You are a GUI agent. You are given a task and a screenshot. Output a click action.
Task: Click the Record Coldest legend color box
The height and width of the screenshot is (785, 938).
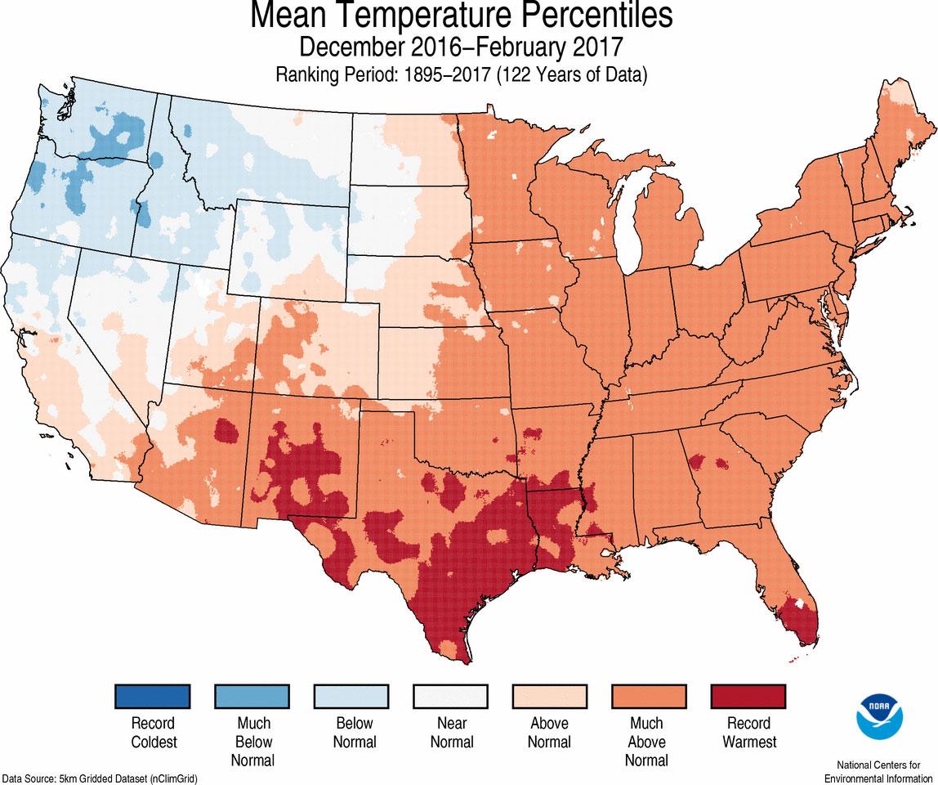[153, 697]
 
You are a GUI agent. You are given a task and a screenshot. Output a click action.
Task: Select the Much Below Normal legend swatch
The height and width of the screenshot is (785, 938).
[252, 697]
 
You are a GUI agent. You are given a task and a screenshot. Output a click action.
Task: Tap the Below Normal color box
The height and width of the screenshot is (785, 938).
[352, 697]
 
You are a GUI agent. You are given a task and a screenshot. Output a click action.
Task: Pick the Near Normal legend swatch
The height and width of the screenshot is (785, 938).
[450, 697]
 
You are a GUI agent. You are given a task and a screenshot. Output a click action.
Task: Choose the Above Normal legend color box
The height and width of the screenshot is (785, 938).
[550, 697]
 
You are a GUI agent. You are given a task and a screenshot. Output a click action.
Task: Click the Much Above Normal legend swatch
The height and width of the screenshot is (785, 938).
[650, 697]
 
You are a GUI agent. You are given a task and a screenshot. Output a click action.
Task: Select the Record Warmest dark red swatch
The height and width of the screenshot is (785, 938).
[748, 697]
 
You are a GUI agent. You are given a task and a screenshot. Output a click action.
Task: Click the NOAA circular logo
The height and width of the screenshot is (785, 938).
[878, 715]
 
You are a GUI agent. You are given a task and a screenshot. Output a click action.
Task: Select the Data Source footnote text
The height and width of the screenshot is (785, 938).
[100, 778]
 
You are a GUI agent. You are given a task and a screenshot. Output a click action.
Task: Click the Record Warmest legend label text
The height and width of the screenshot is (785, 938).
[748, 733]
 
